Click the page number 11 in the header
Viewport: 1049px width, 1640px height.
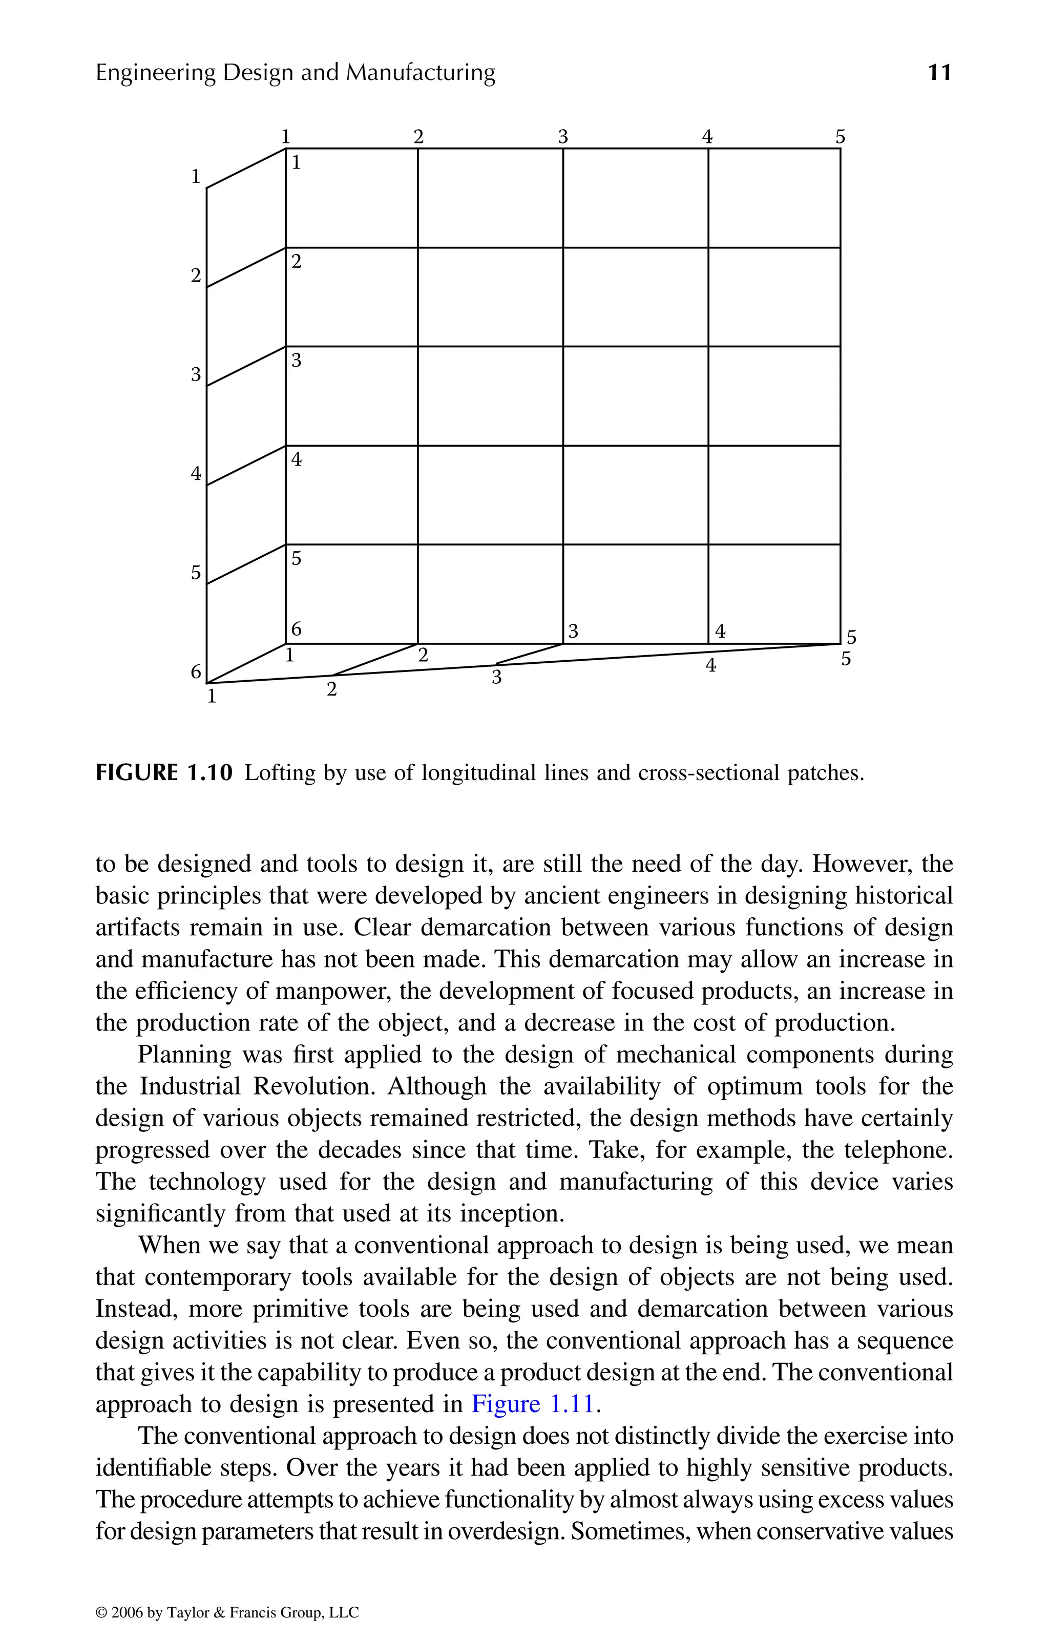tap(939, 72)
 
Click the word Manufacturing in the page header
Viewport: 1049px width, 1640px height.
tap(421, 72)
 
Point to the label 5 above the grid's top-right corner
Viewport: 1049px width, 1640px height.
tap(841, 137)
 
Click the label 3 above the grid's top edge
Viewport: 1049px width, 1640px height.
tap(562, 137)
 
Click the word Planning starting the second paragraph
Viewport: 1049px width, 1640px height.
tap(184, 1054)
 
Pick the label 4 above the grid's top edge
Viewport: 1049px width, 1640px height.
tap(708, 137)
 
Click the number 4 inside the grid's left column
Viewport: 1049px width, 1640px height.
tap(296, 460)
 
